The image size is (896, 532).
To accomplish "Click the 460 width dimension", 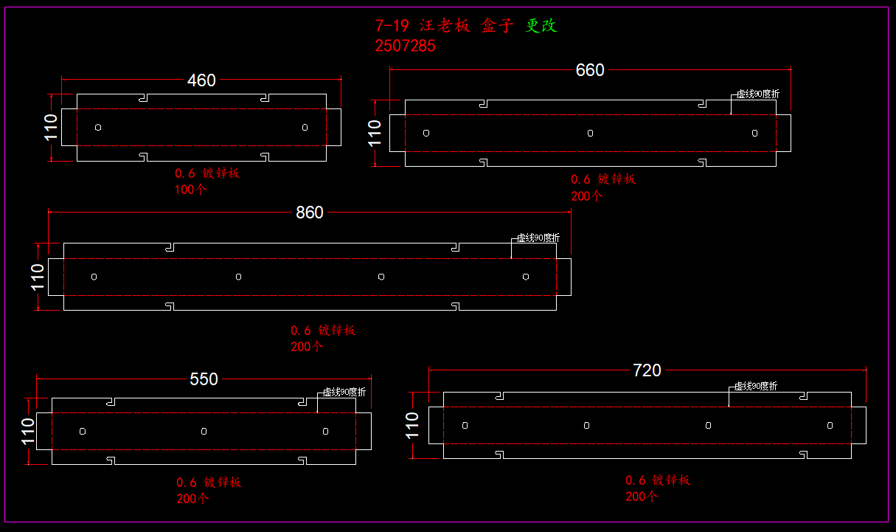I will click(201, 80).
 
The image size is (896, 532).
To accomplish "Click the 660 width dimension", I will click(590, 70).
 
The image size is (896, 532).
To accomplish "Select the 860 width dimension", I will click(310, 213).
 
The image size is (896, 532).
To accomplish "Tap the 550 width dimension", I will click(204, 379).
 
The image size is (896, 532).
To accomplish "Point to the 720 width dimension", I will click(647, 370).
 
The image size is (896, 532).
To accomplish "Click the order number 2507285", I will click(405, 46).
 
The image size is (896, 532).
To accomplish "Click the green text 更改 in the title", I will click(541, 26).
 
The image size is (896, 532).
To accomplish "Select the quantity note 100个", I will click(191, 190).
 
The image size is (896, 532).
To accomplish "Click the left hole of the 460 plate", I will click(98, 128).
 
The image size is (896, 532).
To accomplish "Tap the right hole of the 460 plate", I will click(305, 128).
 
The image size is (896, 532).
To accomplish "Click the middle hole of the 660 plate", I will click(590, 133).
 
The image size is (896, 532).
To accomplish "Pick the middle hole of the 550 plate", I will click(204, 431).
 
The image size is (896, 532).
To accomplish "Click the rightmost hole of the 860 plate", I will click(526, 277).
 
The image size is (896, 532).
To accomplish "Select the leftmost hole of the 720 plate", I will click(465, 425).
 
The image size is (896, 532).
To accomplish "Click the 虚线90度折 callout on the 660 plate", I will click(757, 94).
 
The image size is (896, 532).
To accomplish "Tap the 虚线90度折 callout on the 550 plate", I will click(344, 392).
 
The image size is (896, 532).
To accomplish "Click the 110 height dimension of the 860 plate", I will click(38, 277).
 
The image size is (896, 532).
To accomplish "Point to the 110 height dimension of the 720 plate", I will click(413, 425).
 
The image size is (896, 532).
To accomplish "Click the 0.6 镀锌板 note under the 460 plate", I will click(207, 173).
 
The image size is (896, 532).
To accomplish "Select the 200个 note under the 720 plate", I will click(642, 497).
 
